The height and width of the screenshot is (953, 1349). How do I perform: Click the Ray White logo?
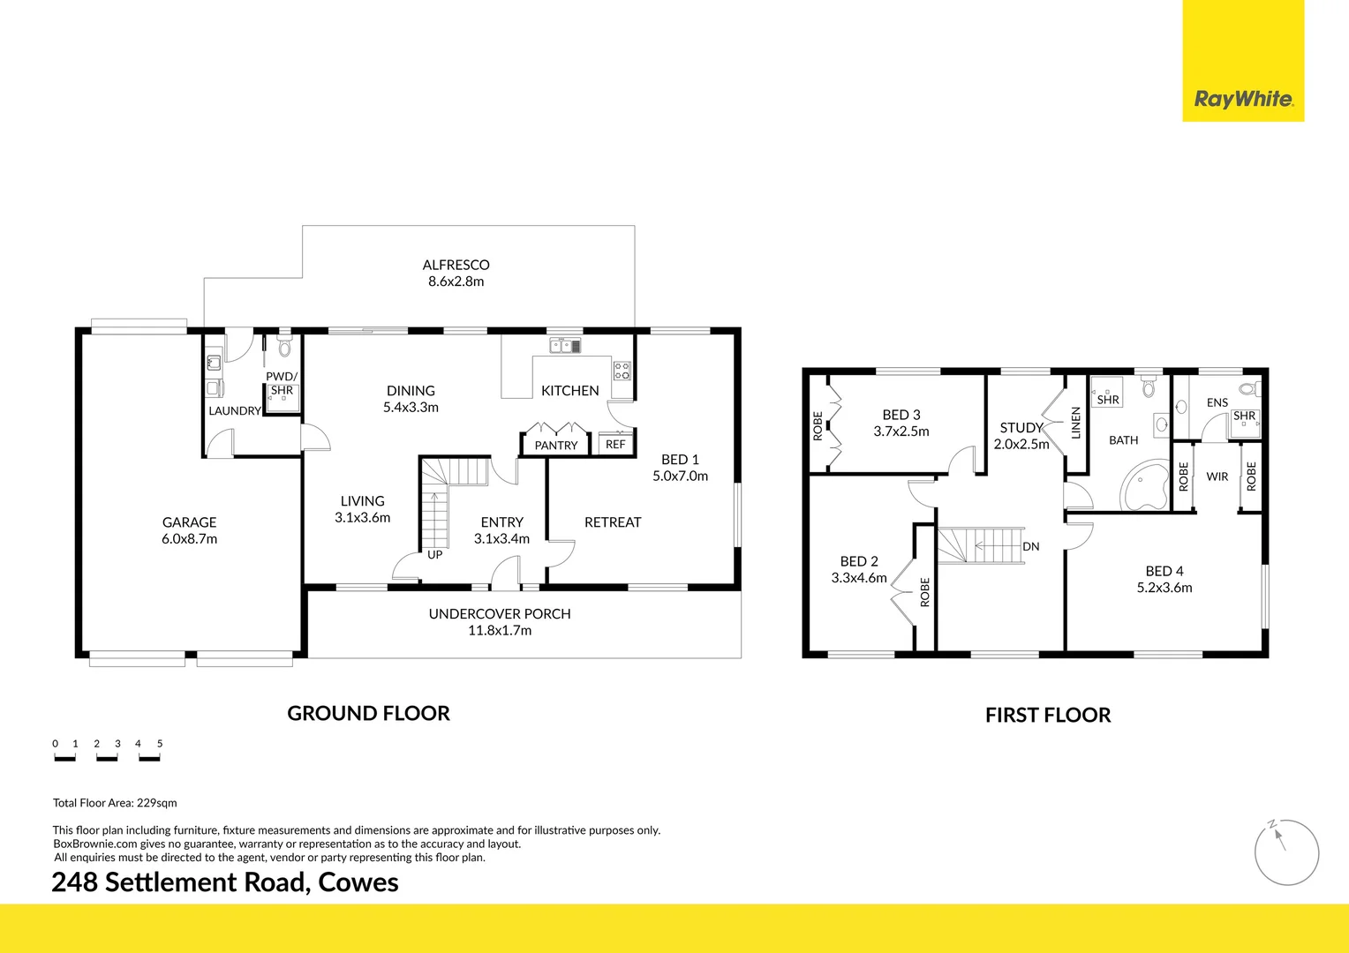coord(1243,99)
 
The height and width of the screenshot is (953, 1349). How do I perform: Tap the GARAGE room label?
coord(189,522)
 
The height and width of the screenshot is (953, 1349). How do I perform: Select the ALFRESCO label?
coord(456,265)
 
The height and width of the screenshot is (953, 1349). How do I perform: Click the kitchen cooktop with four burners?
coord(622,371)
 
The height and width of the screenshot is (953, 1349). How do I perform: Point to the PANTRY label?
coord(555,446)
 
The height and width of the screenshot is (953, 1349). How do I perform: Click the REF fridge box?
coord(615,445)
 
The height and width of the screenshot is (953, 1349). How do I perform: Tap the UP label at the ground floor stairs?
coord(434,555)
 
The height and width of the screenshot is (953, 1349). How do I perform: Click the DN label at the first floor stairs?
coord(1030,547)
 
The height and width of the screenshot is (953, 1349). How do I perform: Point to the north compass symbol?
coord(1286,852)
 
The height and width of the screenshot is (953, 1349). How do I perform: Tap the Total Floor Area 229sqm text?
coord(115,803)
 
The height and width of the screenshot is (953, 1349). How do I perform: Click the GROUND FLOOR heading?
coord(368,713)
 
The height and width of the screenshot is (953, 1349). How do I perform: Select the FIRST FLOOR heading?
coord(1047,715)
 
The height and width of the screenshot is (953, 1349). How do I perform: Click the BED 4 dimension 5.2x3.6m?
coord(1164,588)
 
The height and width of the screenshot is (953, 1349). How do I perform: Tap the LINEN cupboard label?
coord(1075,423)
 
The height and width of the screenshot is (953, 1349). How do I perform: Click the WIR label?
coord(1217,476)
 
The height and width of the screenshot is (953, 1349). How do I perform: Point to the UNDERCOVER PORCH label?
coord(500,614)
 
